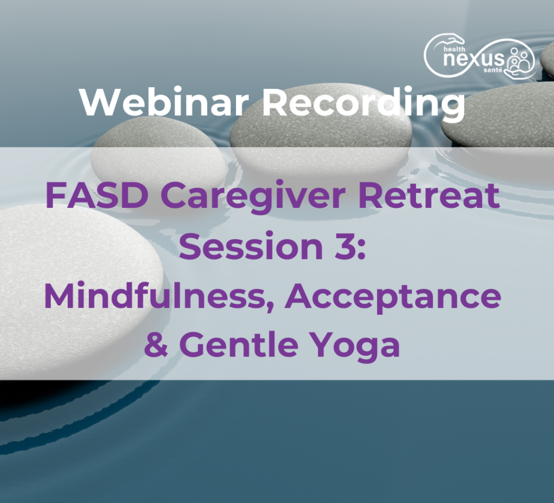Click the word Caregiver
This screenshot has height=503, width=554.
click(253, 199)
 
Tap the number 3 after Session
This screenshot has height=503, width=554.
click(342, 247)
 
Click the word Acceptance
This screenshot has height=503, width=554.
click(393, 297)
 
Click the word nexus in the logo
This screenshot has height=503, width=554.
click(473, 59)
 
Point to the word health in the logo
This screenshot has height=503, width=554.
click(454, 49)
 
